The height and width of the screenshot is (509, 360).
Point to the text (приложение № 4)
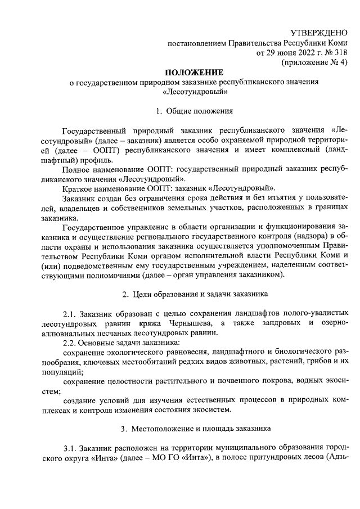[314, 63]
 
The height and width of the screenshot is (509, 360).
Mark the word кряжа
[154, 322]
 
